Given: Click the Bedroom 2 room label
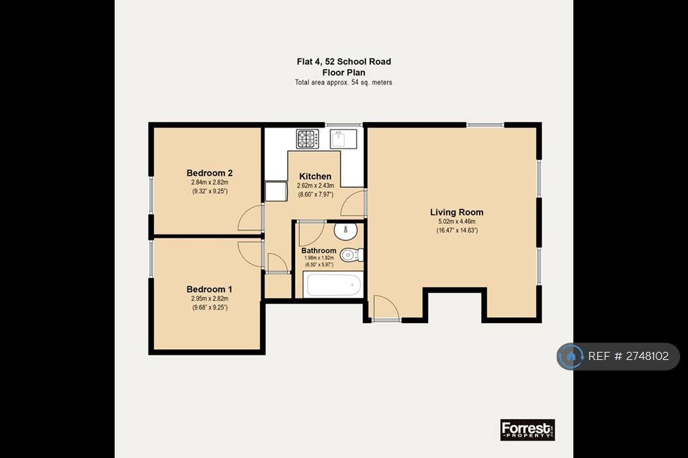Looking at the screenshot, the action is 210,173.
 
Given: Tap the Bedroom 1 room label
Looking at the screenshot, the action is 210,289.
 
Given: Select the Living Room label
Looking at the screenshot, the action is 457,212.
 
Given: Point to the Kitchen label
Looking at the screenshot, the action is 315,177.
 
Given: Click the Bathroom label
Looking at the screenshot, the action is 319,250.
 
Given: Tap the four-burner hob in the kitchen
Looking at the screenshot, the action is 308,138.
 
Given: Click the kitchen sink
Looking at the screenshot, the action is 343,138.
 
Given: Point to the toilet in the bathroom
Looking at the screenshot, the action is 351,255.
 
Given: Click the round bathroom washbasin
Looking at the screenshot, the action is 345,231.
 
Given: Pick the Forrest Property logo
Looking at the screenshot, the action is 527,430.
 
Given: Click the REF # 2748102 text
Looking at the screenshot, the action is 628,356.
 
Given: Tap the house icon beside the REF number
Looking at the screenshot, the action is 571,356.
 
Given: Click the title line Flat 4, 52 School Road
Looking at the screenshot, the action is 343,61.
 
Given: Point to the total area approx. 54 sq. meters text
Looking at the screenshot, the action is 343,82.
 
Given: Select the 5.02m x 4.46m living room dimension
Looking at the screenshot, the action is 457,222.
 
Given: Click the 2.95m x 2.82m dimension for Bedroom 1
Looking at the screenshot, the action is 210,298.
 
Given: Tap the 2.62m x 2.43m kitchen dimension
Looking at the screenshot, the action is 316,185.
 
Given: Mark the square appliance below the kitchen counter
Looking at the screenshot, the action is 275,191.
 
